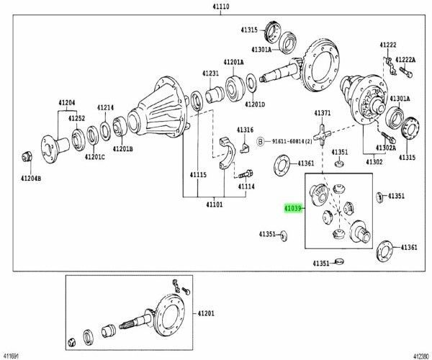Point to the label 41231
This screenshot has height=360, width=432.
point(210,73)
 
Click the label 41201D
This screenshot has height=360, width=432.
point(253,104)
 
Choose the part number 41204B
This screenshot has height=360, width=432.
point(30,178)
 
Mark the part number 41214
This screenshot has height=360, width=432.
point(106,108)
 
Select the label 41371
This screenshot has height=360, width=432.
point(322,114)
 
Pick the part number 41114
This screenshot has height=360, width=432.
point(246,186)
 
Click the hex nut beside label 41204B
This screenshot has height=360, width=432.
point(27,156)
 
